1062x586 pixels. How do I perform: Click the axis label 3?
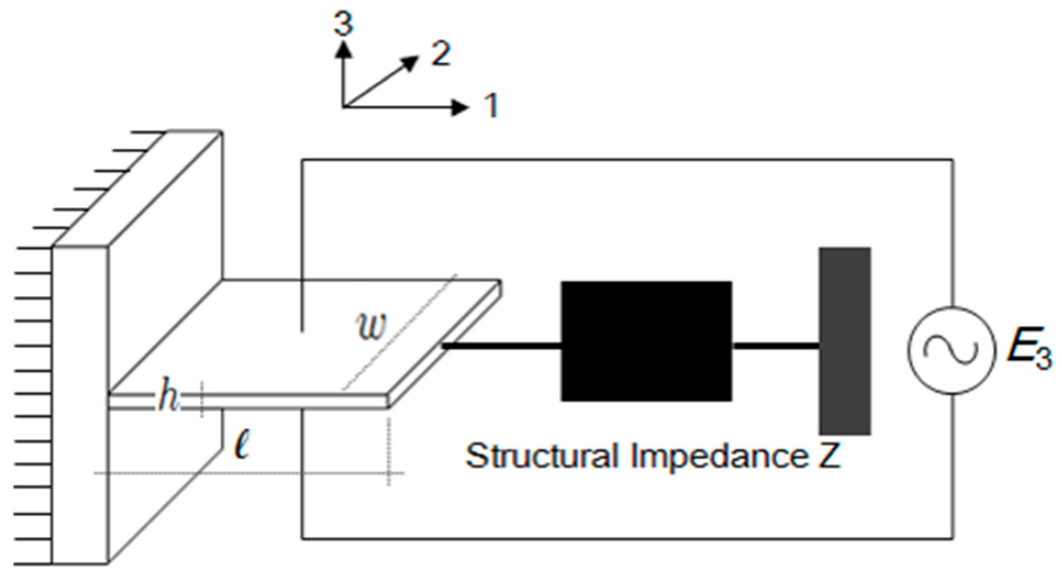point(344,24)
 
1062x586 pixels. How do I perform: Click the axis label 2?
point(440,54)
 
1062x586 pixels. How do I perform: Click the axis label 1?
point(491,105)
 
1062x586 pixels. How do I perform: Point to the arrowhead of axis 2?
point(409,62)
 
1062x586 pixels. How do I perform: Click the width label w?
point(372,326)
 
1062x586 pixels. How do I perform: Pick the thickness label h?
point(167,396)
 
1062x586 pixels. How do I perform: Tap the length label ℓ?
point(242,446)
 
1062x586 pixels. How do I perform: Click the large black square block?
point(646,341)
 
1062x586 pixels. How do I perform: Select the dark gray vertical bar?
point(845,341)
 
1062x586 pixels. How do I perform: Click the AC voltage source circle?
point(951,350)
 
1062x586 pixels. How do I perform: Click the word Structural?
point(541,456)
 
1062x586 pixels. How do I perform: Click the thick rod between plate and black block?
point(502,346)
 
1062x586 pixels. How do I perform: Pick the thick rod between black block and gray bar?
point(775,346)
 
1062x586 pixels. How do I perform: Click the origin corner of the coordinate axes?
point(344,107)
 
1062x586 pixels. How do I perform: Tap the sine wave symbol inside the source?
point(951,350)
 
